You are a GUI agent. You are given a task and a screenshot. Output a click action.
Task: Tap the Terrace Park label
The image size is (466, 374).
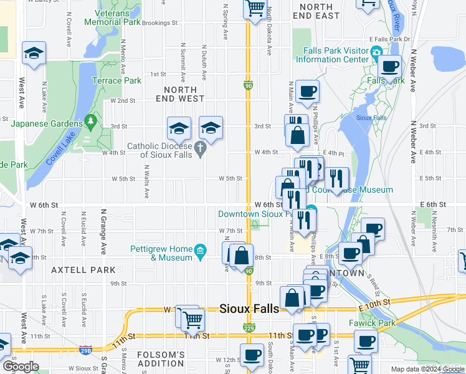(x=117, y=80)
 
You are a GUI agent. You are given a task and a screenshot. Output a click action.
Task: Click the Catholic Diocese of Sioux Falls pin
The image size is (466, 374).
(x=199, y=147)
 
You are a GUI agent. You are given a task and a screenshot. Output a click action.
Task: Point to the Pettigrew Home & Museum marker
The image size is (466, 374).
(x=201, y=251)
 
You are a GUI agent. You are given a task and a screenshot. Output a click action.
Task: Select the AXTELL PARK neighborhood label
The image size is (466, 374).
(x=83, y=270)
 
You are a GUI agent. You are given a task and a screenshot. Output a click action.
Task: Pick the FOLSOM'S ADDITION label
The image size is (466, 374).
(x=161, y=359)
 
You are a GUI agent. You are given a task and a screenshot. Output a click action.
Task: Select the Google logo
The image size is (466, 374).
(x=20, y=367)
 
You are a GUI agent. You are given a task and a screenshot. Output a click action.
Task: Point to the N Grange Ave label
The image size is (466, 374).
(x=103, y=231)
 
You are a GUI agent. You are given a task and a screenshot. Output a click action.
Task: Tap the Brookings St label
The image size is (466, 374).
(x=159, y=22)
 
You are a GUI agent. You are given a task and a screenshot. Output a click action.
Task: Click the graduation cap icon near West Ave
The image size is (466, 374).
(x=34, y=53)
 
